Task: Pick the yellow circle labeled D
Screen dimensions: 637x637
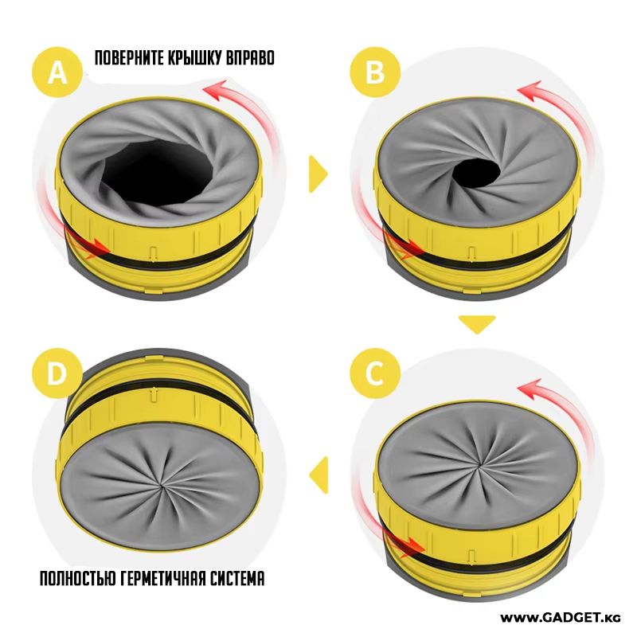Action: point(57,371)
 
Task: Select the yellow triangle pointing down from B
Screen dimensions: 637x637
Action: point(476,323)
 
